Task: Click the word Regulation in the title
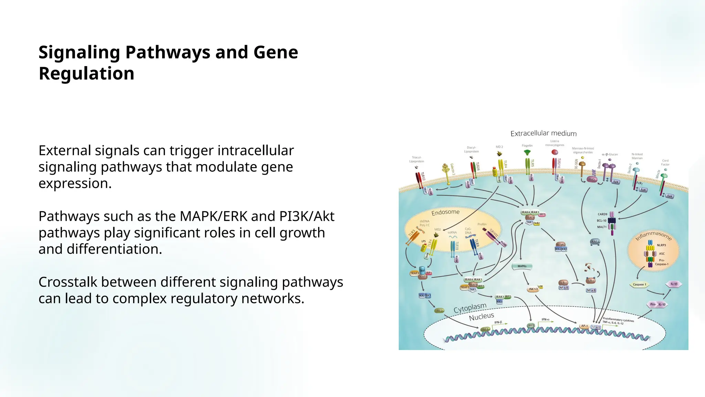point(86,74)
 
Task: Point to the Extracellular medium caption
point(543,133)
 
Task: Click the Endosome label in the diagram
point(445,212)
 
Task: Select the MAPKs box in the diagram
point(522,266)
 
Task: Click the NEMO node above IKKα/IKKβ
point(560,244)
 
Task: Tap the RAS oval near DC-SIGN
point(592,179)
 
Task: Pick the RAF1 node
point(595,242)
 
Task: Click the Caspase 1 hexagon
point(640,285)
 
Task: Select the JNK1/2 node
point(533,289)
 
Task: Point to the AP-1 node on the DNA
point(584,326)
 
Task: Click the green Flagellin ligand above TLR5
point(527,152)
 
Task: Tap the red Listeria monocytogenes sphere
point(555,152)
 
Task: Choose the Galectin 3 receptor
point(446,169)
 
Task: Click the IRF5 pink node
point(542,214)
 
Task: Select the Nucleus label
point(481,316)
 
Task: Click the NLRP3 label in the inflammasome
point(661,245)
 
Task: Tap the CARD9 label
point(602,214)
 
